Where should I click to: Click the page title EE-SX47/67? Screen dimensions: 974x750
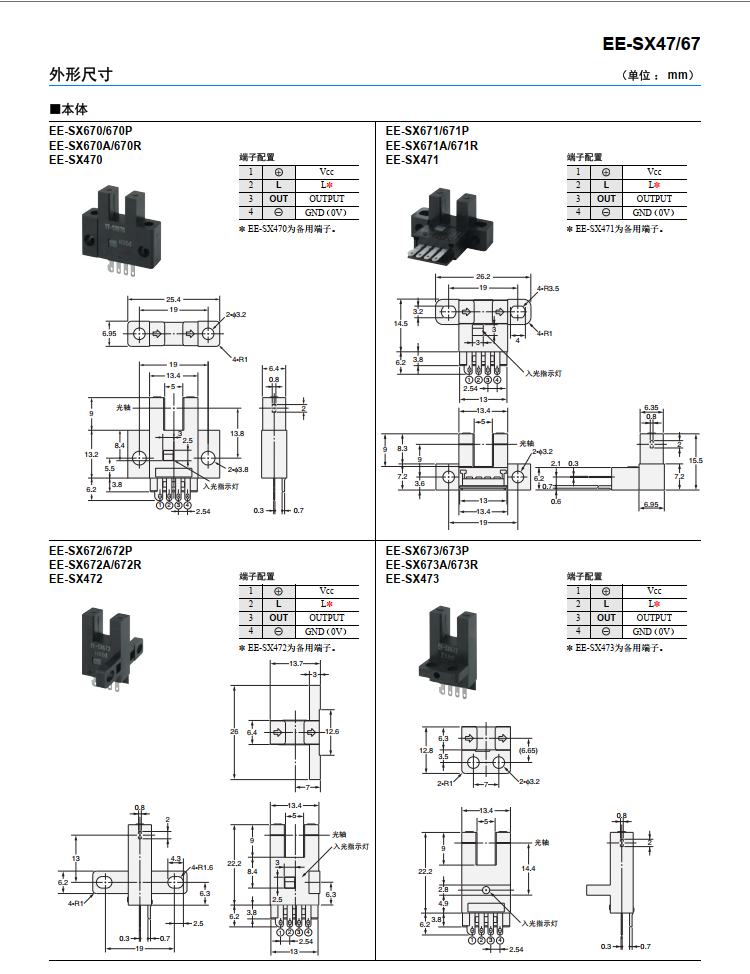coord(651,44)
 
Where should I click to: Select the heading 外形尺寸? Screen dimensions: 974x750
coord(81,75)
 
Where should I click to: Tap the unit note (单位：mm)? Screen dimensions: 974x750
coord(657,75)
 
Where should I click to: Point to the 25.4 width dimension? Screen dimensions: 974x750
coord(173,299)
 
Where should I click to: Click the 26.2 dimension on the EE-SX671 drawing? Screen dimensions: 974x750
coord(482,276)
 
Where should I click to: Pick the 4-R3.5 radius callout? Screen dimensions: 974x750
coord(548,289)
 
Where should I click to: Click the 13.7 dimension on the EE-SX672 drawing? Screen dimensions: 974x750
coord(296,664)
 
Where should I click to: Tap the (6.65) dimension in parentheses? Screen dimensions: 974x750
coord(529,750)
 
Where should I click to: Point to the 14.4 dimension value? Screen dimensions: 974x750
coord(530,869)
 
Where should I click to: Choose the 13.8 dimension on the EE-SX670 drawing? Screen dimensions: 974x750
coord(237,433)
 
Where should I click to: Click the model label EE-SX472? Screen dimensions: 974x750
coord(75,578)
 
